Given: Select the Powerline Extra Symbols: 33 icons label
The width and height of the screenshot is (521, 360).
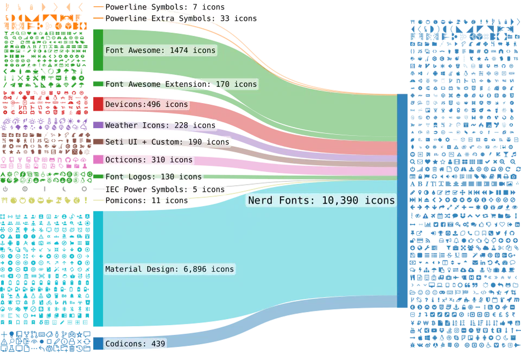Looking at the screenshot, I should click(181, 18).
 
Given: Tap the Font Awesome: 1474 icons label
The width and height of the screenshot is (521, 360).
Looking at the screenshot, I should click(160, 50).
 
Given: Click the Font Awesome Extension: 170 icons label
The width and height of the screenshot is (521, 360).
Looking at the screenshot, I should click(181, 84).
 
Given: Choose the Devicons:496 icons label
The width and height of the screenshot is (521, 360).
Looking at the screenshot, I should click(147, 104).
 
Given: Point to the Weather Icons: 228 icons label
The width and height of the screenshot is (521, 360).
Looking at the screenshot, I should click(160, 125).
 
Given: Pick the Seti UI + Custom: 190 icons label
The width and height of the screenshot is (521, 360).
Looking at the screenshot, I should click(167, 142).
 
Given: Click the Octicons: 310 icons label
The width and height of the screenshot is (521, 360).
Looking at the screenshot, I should click(149, 160).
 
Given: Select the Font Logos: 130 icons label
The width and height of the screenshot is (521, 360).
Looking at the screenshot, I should click(154, 176).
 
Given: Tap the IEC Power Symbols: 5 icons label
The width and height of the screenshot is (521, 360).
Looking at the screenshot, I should click(164, 190).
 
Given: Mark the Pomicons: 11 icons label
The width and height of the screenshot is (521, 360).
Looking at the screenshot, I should click(147, 200).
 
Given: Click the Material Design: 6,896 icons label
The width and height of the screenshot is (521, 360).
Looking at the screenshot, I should click(169, 269).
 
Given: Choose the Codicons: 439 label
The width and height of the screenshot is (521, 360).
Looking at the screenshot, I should click(135, 344).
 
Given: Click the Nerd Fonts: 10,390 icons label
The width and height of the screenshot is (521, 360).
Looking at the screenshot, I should click(321, 200).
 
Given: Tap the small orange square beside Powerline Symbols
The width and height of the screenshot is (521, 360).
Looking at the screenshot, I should click(97, 7).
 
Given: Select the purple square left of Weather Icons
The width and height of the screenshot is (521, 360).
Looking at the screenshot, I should click(98, 125).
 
